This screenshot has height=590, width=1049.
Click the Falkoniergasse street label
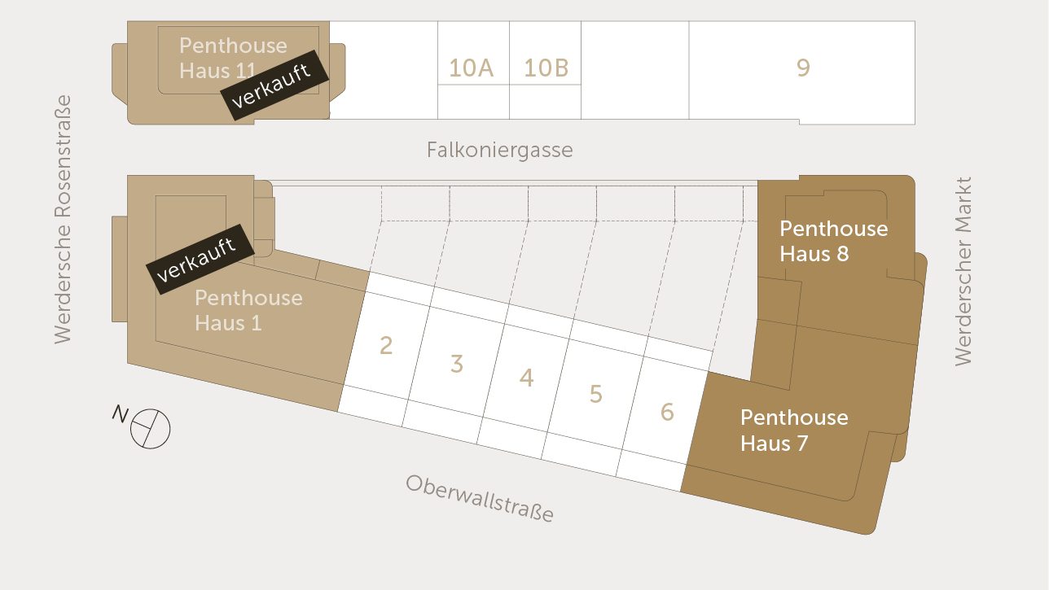coord(499,150)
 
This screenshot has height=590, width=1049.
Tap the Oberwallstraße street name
coord(480,498)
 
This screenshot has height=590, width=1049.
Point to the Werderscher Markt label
coord(963,271)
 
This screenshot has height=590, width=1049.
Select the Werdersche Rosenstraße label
coord(63,220)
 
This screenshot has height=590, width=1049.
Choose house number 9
coord(803,68)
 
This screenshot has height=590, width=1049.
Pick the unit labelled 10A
coord(472,68)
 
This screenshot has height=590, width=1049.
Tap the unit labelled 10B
coord(546,68)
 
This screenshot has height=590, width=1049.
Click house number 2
coord(386,346)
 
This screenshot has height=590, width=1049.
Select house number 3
coord(457,364)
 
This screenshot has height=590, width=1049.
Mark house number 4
coord(527,378)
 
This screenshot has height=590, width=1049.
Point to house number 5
coord(596,395)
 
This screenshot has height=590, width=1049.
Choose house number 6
coord(667,413)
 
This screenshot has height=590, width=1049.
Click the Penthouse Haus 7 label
coord(794,430)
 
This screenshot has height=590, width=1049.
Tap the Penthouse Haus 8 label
coord(833,241)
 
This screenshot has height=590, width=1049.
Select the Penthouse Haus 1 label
coord(248,310)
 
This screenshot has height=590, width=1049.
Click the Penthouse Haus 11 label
coord(233,58)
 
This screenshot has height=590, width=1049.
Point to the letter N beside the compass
coord(120,415)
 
